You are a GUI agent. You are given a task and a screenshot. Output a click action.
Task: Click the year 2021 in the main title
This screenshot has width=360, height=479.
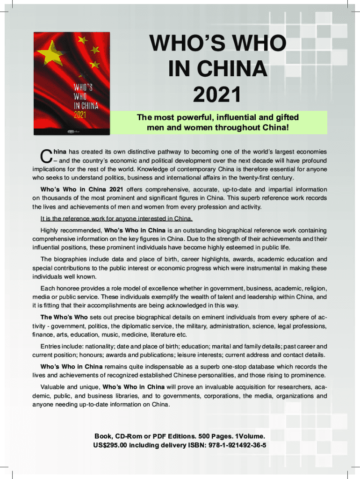[x=217, y=95]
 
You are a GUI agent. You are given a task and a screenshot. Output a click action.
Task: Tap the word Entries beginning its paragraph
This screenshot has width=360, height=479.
[x=51, y=347]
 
